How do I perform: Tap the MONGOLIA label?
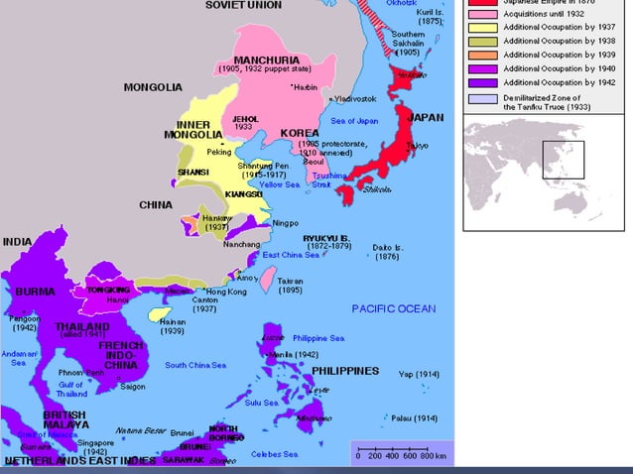(x=153, y=87)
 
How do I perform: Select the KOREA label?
(x=300, y=132)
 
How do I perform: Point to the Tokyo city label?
(x=418, y=146)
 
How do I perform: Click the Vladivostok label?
(x=355, y=99)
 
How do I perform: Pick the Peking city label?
(x=218, y=152)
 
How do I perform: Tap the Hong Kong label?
(x=224, y=292)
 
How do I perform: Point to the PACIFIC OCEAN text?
(x=393, y=308)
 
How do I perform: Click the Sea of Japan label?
(x=354, y=121)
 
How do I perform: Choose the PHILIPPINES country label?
(x=345, y=370)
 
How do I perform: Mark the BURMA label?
(x=35, y=292)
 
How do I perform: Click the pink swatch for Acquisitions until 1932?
(x=482, y=14)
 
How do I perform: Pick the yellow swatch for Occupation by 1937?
(x=482, y=28)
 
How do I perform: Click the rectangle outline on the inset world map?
(x=563, y=159)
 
